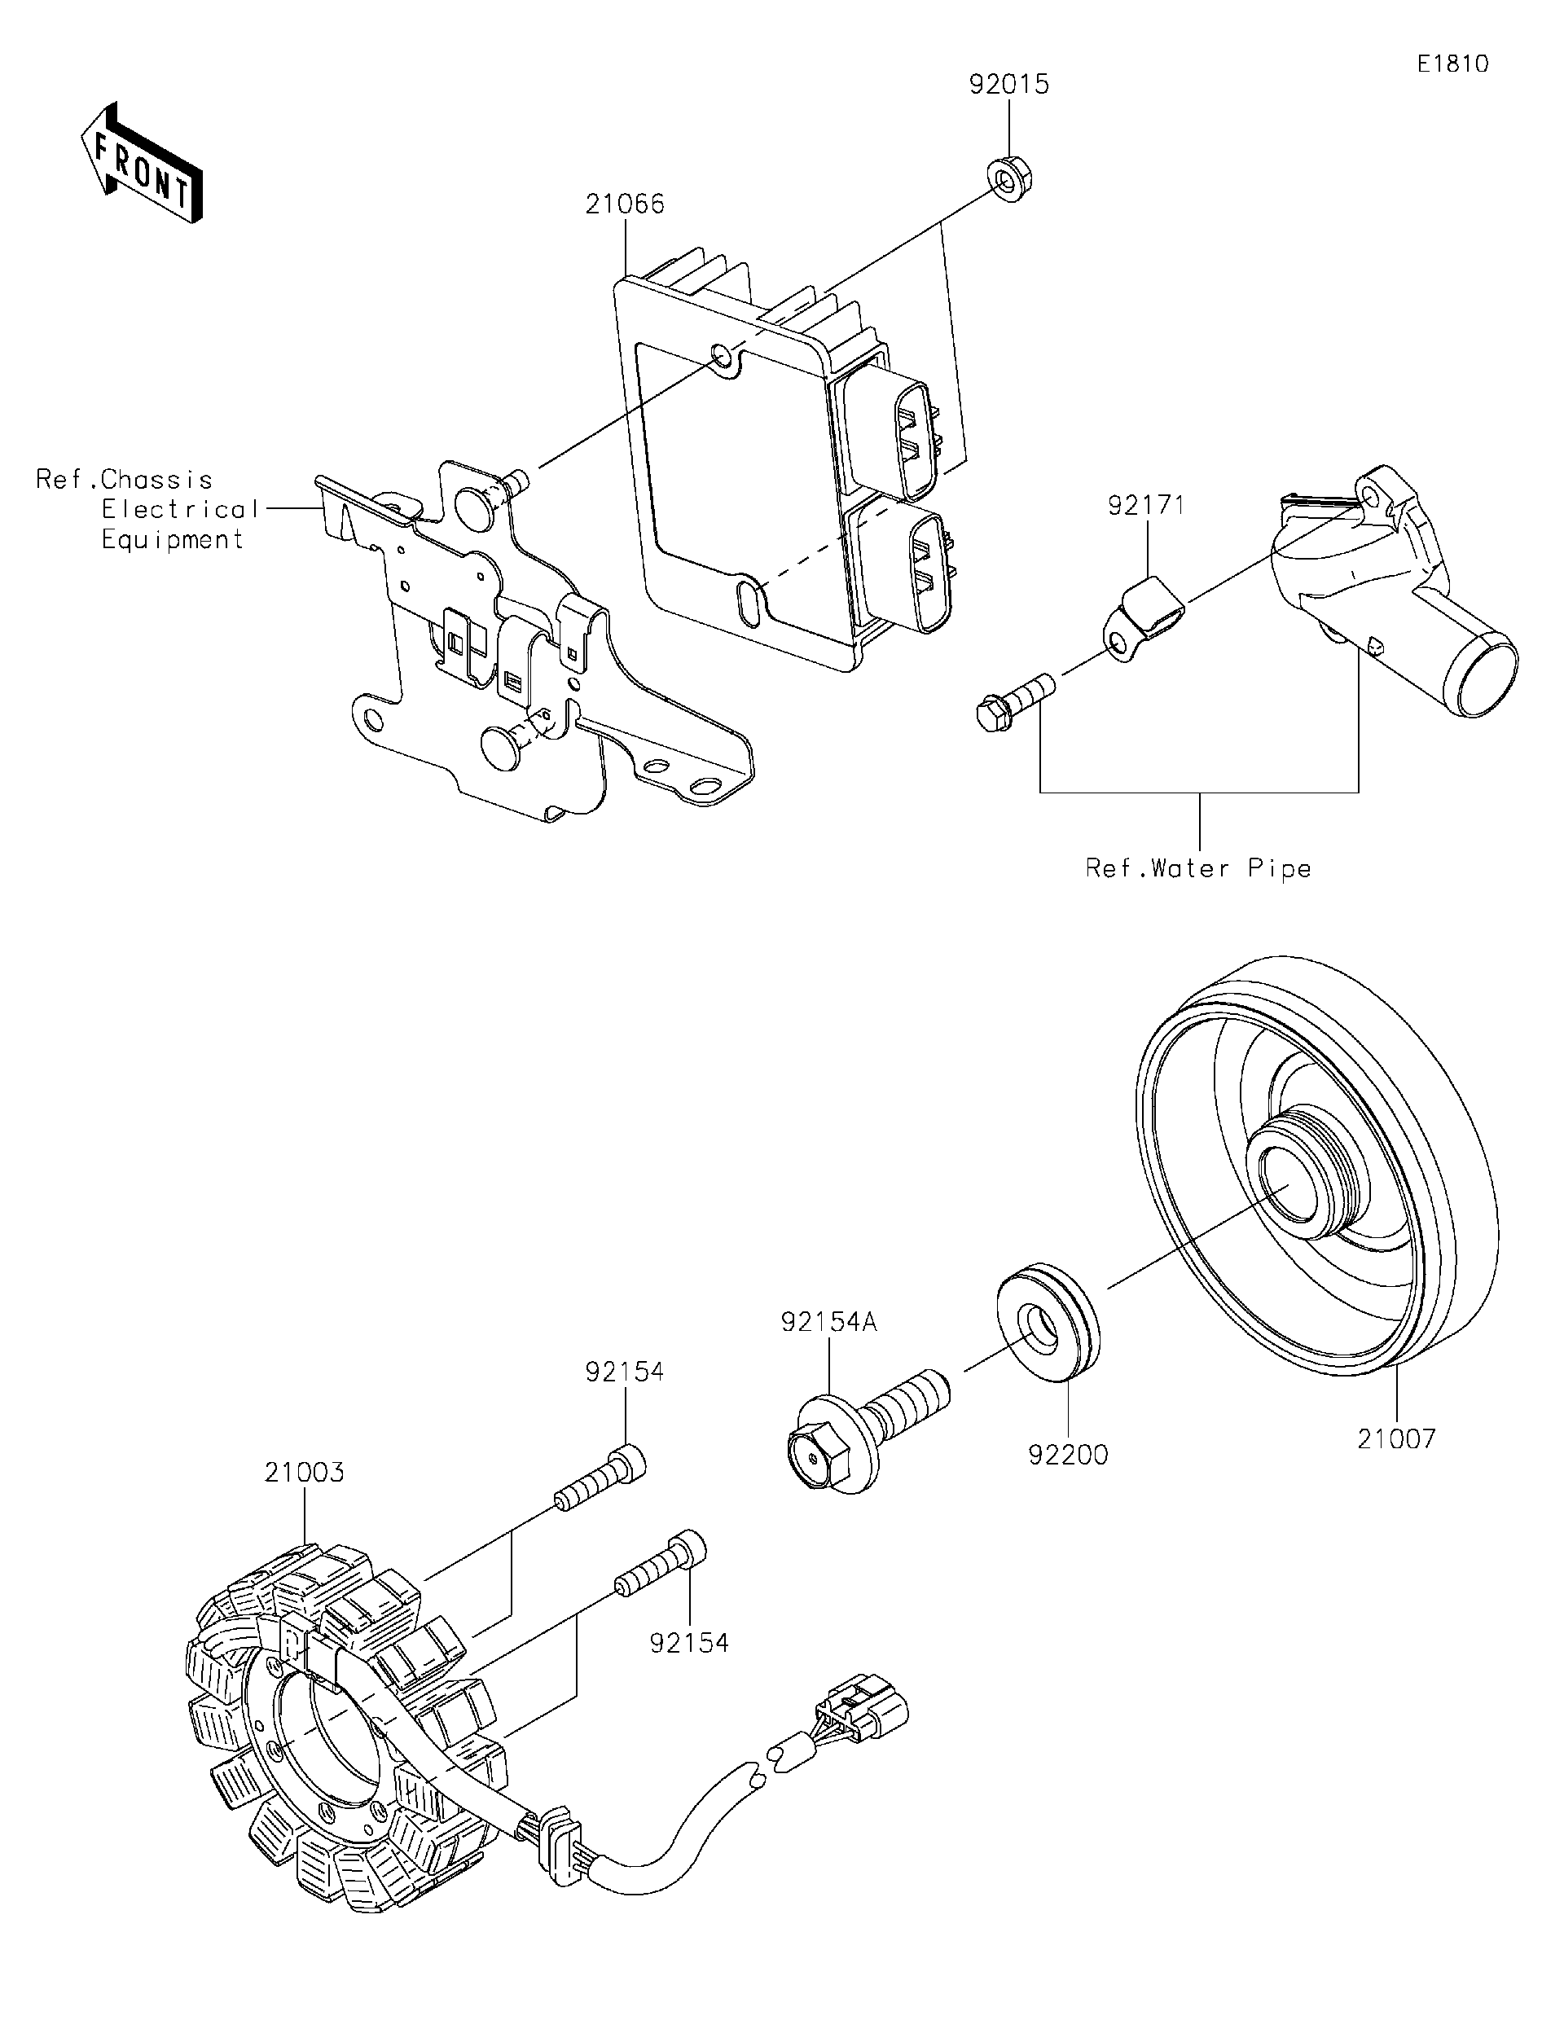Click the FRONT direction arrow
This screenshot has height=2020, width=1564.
point(141,162)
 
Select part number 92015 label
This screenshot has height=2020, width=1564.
point(1009,84)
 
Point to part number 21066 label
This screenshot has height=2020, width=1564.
point(624,204)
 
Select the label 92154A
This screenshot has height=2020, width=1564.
point(828,1323)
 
